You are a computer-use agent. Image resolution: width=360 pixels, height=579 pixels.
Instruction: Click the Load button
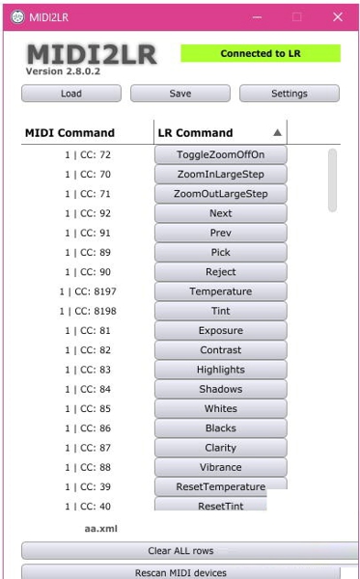(71, 94)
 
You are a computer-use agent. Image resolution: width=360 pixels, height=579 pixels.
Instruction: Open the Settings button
(289, 94)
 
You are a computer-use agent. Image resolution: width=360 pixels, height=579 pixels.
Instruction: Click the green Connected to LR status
(260, 54)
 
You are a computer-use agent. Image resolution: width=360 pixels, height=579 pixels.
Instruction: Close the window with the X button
(338, 16)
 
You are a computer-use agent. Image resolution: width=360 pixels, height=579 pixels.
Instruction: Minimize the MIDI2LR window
(257, 16)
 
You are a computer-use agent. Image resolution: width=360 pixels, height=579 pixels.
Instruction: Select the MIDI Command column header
(69, 133)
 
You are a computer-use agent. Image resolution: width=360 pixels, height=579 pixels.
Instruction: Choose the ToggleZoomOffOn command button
(220, 155)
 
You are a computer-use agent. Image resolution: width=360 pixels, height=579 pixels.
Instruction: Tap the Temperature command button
(220, 291)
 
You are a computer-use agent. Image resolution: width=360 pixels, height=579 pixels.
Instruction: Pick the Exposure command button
(220, 331)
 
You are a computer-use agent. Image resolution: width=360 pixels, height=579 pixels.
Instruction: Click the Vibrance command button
(220, 467)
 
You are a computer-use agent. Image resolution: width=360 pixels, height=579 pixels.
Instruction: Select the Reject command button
(220, 272)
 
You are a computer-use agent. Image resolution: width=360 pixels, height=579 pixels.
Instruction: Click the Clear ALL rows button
(180, 551)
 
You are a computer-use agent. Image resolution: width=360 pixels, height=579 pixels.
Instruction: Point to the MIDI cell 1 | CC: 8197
(88, 291)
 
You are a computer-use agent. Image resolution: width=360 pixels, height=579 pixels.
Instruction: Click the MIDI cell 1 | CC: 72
(88, 155)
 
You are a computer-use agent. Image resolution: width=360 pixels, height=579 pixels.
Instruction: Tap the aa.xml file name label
(101, 529)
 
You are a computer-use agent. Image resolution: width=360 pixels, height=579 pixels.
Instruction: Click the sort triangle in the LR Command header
(278, 133)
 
